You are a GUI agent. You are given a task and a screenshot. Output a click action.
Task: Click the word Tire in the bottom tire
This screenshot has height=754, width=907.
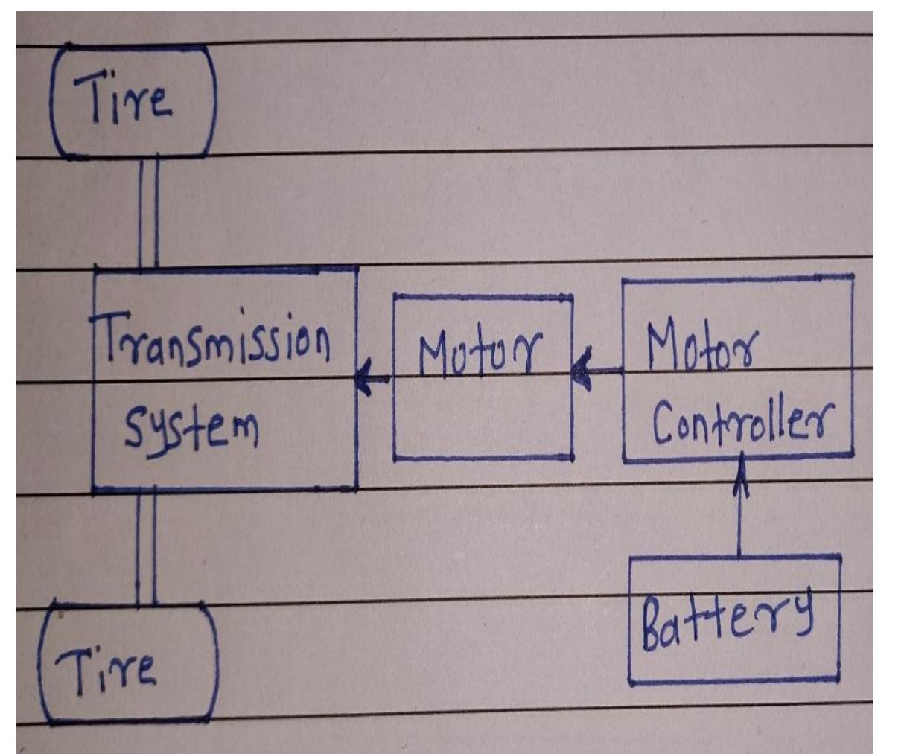[112, 665]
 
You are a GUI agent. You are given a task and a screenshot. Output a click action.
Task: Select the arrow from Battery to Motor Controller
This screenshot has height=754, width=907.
[739, 514]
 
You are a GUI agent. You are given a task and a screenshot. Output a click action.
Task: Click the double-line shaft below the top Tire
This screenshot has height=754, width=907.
[148, 212]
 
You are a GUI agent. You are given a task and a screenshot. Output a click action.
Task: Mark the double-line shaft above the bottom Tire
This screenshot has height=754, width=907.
[146, 547]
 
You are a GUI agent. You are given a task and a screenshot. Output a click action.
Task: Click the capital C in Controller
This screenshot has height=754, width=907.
[663, 425]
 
